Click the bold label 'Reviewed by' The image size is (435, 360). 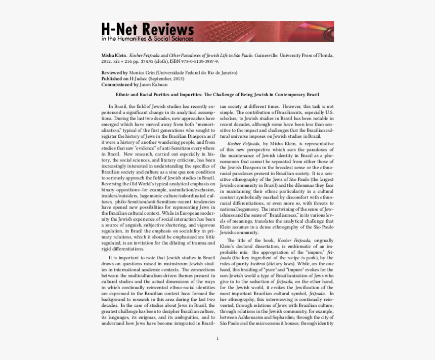(x=114, y=73)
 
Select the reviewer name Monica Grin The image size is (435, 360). (x=142, y=73)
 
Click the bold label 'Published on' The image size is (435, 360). (x=115, y=79)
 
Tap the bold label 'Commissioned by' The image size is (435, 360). (x=119, y=85)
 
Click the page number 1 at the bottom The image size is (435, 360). (x=217, y=338)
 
